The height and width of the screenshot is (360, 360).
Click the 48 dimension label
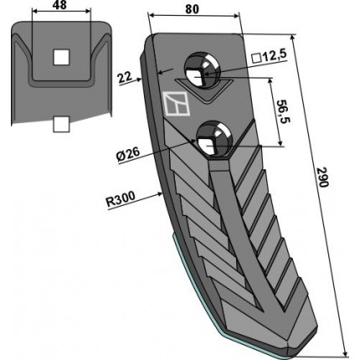coord(59,5)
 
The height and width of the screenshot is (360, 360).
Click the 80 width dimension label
coord(193,9)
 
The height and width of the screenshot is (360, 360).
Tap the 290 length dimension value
coord(323,177)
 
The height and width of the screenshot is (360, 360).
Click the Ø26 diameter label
coord(128,156)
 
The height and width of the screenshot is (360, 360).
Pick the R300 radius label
coord(121,198)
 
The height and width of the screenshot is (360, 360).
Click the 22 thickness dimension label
coord(125,77)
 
